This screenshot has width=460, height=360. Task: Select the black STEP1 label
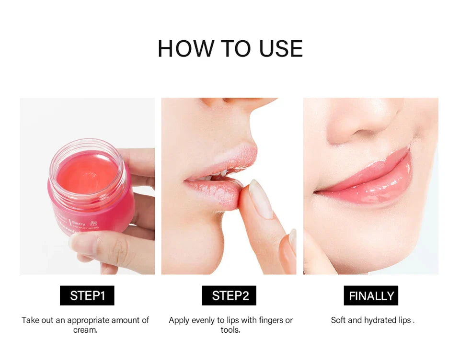pyautogui.click(x=87, y=295)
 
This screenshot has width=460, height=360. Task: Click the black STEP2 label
pyautogui.click(x=229, y=295)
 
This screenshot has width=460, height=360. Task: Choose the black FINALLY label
pyautogui.click(x=371, y=295)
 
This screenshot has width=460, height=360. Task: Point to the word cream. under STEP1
pyautogui.click(x=85, y=330)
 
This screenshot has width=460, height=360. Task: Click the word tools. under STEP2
pyautogui.click(x=230, y=330)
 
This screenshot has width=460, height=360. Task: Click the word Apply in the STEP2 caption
pyautogui.click(x=179, y=320)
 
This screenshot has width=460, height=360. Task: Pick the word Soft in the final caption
pyautogui.click(x=339, y=320)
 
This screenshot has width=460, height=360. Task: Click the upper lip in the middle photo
pyautogui.click(x=230, y=160)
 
